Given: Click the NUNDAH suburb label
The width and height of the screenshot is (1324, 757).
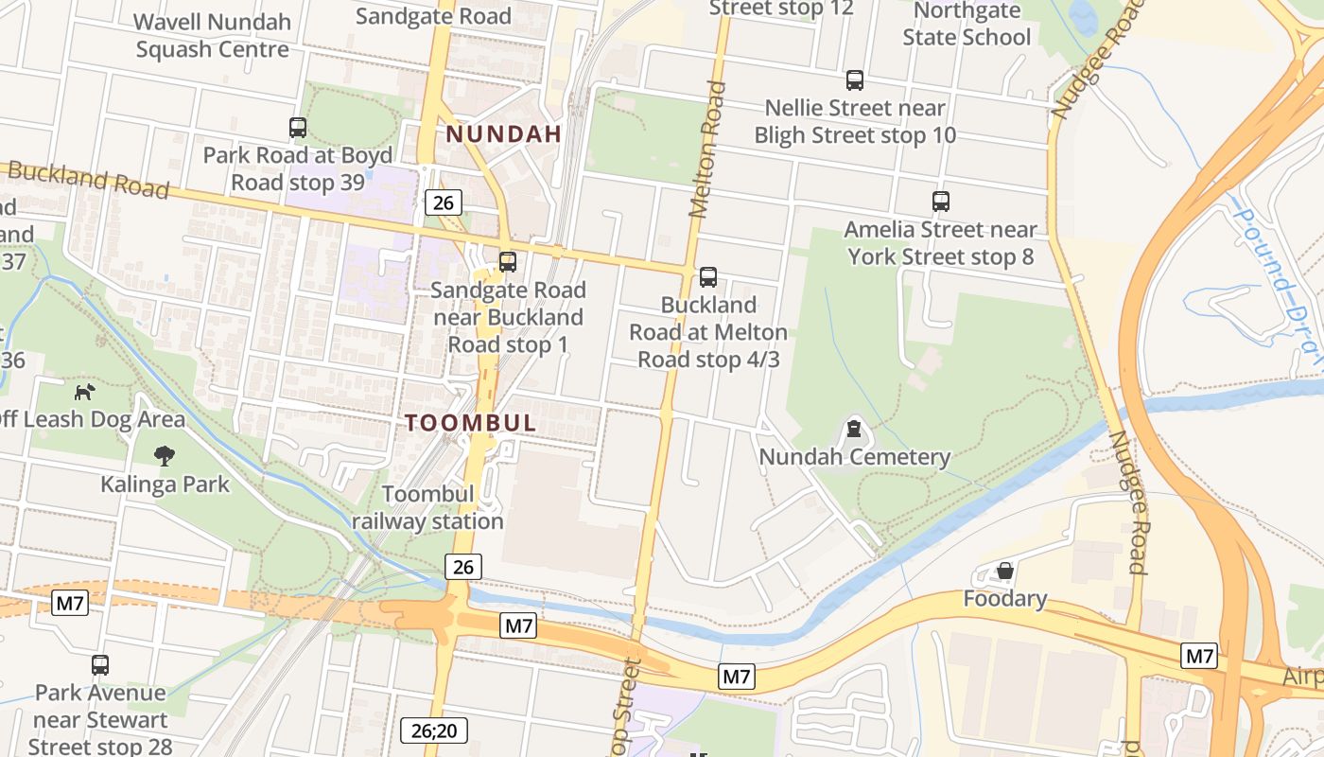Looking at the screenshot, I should click(504, 134).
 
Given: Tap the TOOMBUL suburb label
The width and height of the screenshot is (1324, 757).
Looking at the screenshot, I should click(471, 423).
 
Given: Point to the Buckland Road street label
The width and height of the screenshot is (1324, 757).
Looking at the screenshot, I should click(88, 180).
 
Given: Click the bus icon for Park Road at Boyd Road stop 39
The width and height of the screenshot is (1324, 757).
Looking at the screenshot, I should click(298, 127).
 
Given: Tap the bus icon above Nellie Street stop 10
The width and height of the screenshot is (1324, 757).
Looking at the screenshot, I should click(855, 80).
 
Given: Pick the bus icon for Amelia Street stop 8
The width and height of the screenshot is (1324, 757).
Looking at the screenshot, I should click(940, 202).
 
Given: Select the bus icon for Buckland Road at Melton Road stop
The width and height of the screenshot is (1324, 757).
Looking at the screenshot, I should click(707, 277).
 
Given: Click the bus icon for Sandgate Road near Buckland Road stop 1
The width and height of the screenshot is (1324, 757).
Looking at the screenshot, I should click(508, 262).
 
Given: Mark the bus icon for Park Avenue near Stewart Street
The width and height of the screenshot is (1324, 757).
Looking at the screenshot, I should click(100, 665).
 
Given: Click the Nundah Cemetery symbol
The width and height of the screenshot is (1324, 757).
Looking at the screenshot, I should click(855, 430).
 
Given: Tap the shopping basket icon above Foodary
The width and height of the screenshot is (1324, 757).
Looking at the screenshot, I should click(1005, 571).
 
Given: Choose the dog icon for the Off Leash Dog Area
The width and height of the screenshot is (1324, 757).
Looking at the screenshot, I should click(85, 391).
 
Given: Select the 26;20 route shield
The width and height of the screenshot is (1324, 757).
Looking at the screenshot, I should click(434, 731).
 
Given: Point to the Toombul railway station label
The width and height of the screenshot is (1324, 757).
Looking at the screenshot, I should click(429, 507).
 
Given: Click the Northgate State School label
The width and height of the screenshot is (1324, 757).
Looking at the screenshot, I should click(967, 25).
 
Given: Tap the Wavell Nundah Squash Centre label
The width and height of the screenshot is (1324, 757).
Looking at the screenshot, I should click(212, 35).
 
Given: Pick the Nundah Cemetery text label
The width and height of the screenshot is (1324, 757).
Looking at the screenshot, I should click(855, 457).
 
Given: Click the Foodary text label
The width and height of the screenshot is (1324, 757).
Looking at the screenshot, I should click(1005, 599).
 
